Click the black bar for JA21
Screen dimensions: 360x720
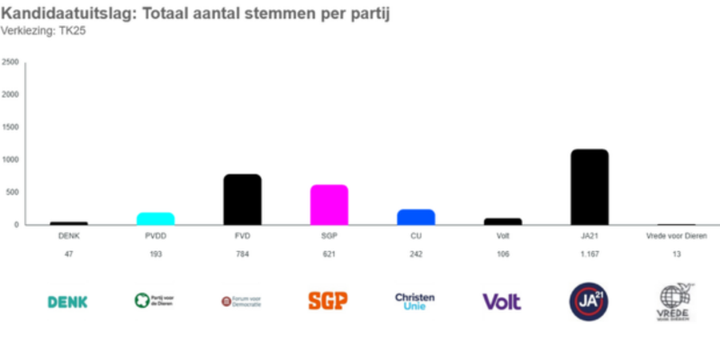click(589, 187)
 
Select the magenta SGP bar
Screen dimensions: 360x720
click(328, 204)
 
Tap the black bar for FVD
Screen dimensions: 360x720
click(242, 199)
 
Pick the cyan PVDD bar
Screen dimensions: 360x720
click(156, 219)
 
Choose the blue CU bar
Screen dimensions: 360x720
click(415, 217)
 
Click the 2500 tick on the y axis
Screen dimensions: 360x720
click(11, 62)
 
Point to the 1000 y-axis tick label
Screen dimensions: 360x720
click(11, 159)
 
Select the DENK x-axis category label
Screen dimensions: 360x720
click(69, 237)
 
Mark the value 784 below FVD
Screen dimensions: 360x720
click(242, 255)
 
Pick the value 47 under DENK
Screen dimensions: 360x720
click(69, 255)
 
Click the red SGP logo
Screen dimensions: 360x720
click(328, 301)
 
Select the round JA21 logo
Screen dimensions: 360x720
click(589, 301)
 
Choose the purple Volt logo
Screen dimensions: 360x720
click(501, 301)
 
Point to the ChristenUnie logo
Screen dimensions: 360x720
click(415, 301)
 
